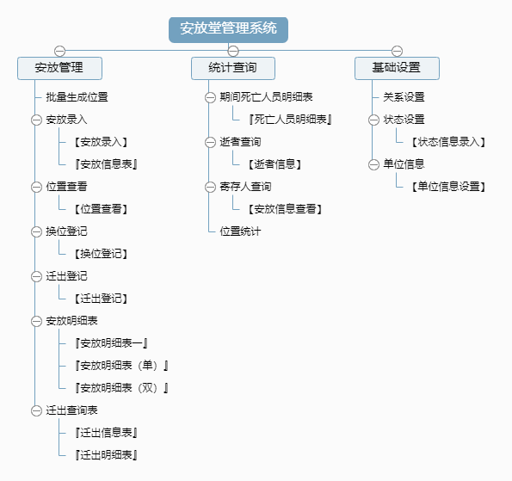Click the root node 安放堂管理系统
point(228,30)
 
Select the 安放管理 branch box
point(59,68)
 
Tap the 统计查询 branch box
point(233,68)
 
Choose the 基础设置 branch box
point(397,68)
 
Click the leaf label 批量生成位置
point(77,97)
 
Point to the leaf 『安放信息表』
point(106,164)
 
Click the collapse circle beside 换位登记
point(36,231)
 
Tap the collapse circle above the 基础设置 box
point(397,51)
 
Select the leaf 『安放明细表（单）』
point(121,366)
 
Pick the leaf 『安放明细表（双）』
point(121,388)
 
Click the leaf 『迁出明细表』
point(106,455)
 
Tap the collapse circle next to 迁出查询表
point(36,410)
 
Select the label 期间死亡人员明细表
point(266,97)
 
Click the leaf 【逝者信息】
point(275,164)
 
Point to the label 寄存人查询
point(245,187)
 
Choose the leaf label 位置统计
point(240,231)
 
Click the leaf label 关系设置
point(404,97)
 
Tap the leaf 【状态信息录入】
point(448,142)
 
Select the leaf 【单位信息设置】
point(448,187)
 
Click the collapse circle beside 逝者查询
point(210,142)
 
